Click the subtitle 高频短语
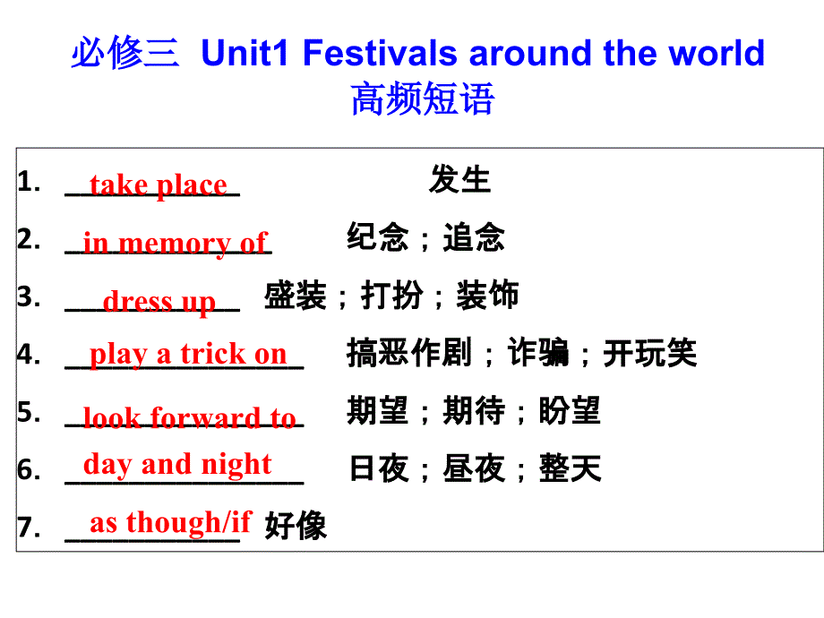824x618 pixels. click(x=422, y=99)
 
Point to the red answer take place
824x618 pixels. click(x=159, y=185)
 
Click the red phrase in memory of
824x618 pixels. click(x=175, y=243)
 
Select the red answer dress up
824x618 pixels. click(x=159, y=301)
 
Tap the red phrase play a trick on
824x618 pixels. click(x=188, y=354)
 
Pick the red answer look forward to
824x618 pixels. click(x=189, y=417)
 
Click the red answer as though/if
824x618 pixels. click(x=170, y=521)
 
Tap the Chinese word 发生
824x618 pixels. click(x=459, y=180)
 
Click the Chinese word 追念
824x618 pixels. click(x=474, y=238)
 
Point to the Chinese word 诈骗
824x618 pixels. click(x=538, y=354)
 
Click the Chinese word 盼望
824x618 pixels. click(x=570, y=411)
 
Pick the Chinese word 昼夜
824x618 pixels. click(x=474, y=468)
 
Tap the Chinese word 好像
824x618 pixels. click(x=296, y=526)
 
